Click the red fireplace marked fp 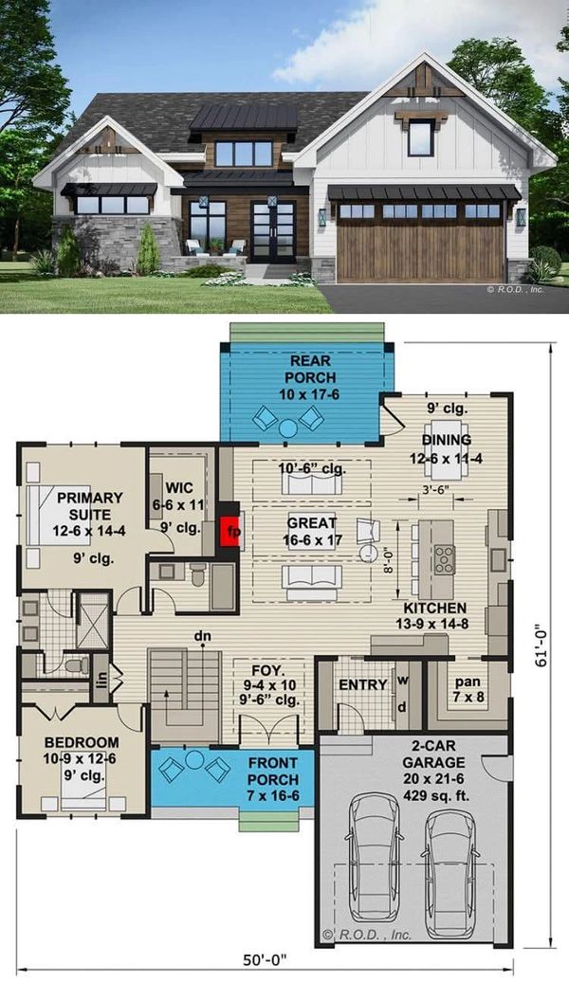point(230,531)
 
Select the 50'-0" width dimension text point(266,960)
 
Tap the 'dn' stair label point(202,636)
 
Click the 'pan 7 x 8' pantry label point(468,688)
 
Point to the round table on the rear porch point(287,428)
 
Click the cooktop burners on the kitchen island point(445,559)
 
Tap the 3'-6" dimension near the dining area point(436,490)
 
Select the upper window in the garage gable point(420,137)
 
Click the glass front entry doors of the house point(273,230)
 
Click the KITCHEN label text point(435,608)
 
